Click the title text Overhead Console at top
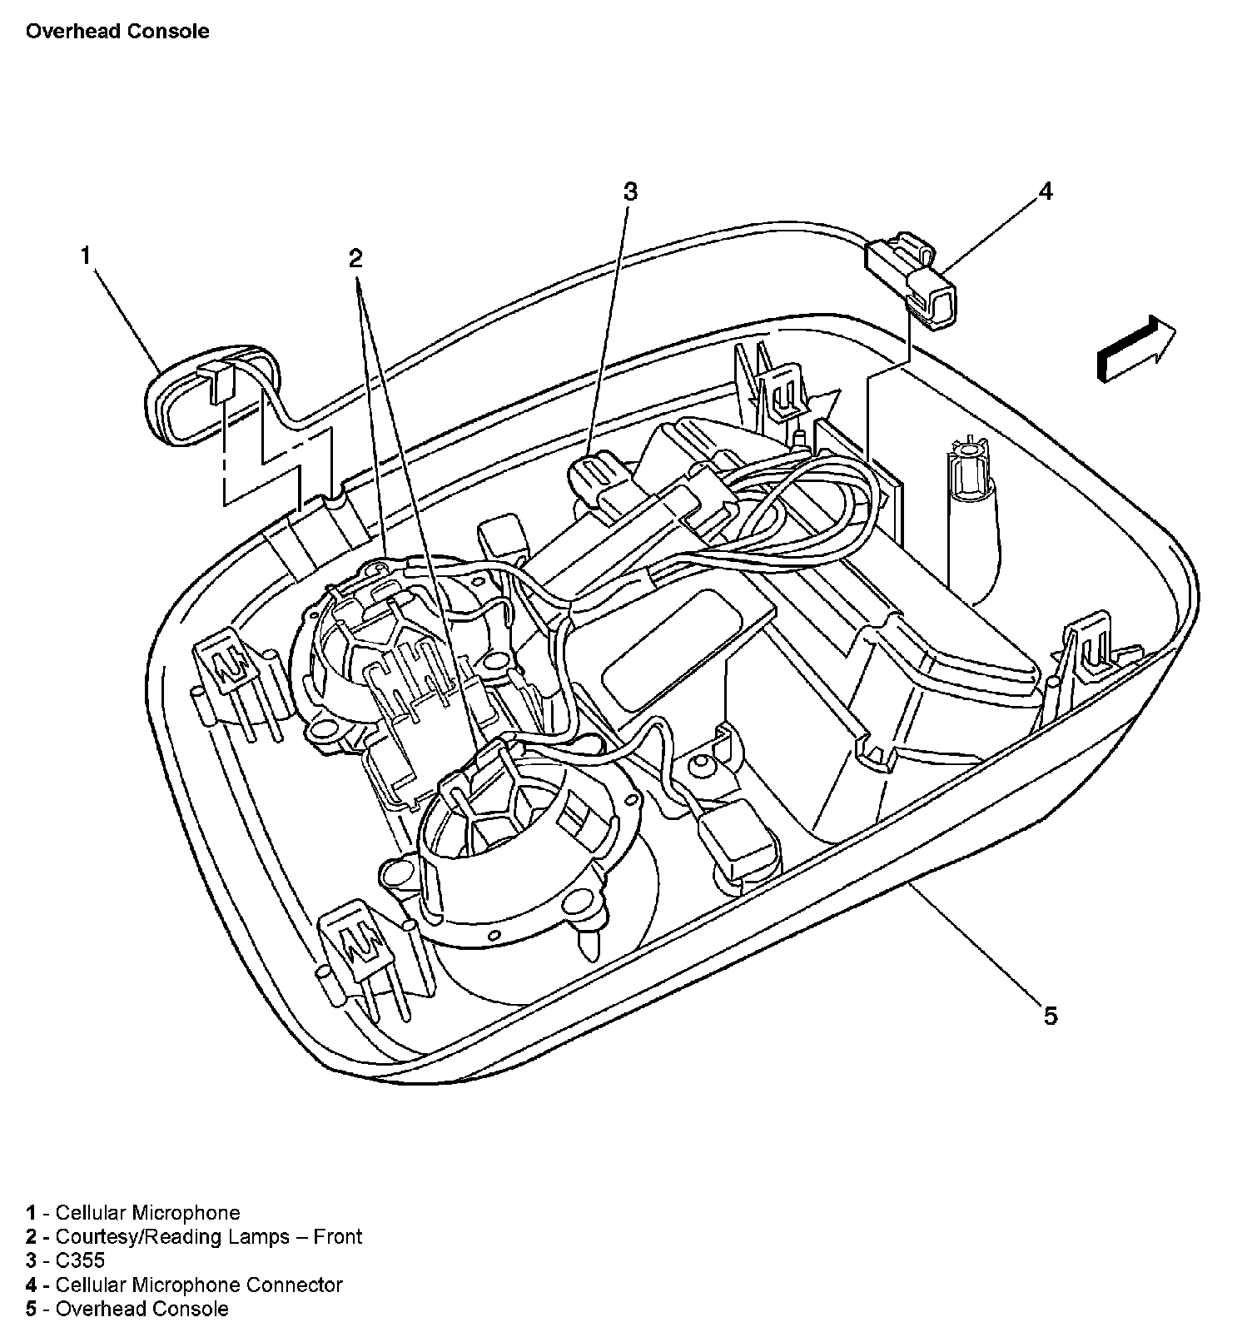tap(117, 32)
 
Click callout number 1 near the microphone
tap(85, 256)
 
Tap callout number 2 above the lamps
tap(355, 258)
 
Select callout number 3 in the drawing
tap(630, 191)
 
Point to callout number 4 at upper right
tap(1046, 191)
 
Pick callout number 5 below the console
tap(1051, 1016)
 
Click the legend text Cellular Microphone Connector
tap(198, 1285)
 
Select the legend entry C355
tap(80, 1261)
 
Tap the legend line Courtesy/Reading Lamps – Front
tap(208, 1237)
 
